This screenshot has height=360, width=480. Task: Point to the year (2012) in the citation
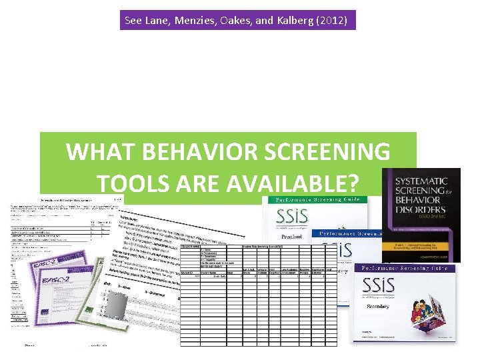(332, 21)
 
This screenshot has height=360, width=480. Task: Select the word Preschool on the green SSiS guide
(291, 236)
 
